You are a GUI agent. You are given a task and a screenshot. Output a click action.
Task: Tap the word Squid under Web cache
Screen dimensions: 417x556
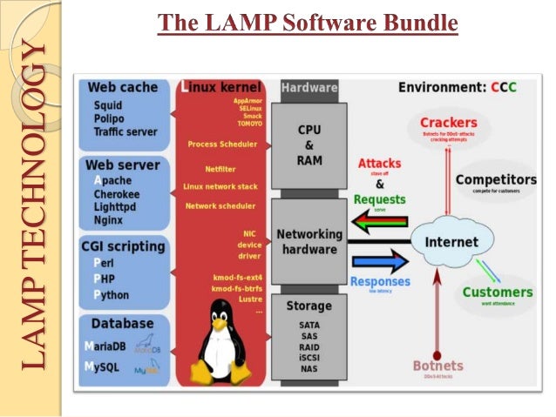coord(109,105)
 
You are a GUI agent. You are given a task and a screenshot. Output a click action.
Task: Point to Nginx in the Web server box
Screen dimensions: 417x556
coord(109,221)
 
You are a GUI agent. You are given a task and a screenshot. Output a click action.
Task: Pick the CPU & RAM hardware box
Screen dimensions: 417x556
coord(309,144)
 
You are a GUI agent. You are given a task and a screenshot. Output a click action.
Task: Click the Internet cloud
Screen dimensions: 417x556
coord(451,241)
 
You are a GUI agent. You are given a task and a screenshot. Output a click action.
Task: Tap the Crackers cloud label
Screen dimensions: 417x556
coord(448,123)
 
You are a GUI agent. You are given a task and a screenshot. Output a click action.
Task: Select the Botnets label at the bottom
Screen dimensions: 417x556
coord(437,366)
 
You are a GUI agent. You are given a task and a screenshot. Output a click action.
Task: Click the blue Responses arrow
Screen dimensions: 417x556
coord(380,261)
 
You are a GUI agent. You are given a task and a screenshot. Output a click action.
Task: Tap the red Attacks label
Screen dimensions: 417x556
coord(380,163)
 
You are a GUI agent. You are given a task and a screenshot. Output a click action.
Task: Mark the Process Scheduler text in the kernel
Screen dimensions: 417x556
coord(221,144)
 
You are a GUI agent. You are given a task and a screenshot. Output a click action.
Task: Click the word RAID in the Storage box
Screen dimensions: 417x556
coord(309,345)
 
